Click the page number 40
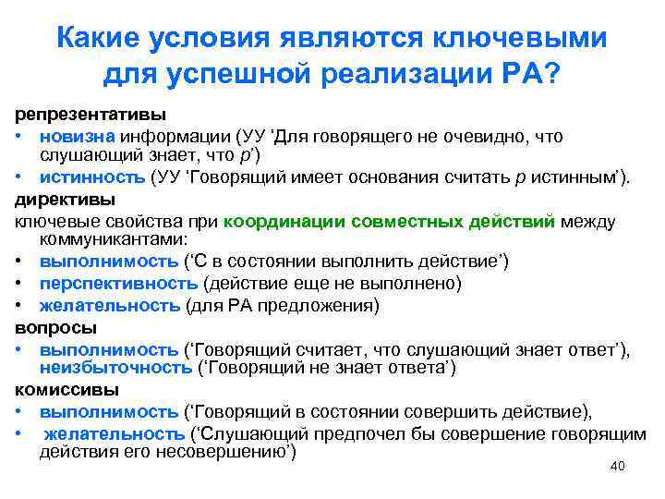(618, 467)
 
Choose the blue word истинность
(91, 177)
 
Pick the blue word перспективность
(118, 283)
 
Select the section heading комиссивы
(62, 389)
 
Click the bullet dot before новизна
(18, 138)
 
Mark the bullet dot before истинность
(18, 178)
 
